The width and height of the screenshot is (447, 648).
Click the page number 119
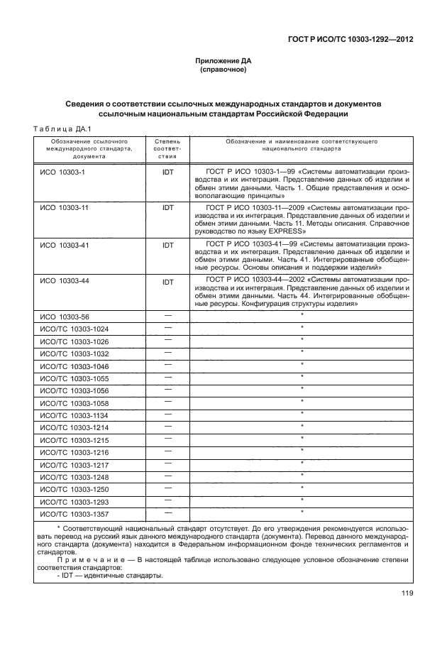pos(407,594)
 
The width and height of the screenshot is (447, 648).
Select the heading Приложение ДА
pos(223,61)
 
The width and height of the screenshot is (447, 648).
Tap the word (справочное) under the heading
pos(223,72)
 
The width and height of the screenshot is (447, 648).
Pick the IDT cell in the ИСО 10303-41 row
pos(167,245)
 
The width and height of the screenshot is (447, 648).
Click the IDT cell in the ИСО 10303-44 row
pos(167,282)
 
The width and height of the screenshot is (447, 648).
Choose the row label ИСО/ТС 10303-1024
pos(74,329)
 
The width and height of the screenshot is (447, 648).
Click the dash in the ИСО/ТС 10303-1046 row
pos(167,365)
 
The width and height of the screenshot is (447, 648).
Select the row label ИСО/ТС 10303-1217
pos(74,464)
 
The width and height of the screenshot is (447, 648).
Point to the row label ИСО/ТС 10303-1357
pos(74,513)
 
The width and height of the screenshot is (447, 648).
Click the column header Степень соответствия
pos(167,149)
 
